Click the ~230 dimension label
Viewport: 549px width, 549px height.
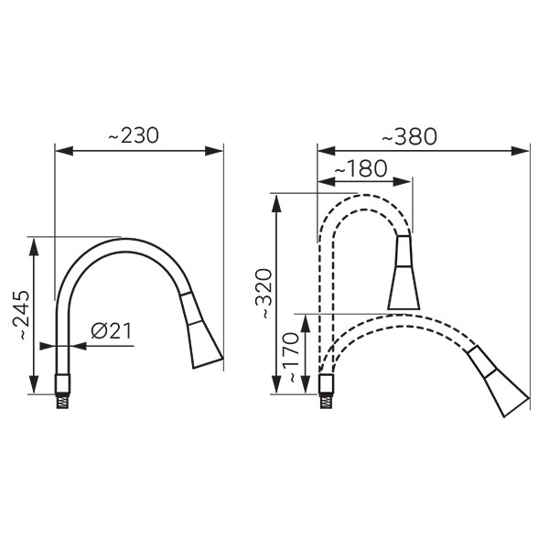tap(134, 135)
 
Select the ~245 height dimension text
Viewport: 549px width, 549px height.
tap(19, 315)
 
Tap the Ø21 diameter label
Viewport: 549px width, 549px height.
tap(112, 331)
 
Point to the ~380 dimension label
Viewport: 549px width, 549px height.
tap(410, 136)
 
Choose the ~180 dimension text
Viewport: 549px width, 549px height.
tap(361, 168)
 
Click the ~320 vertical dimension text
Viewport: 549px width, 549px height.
tap(263, 294)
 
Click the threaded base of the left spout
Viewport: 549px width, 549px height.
tap(62, 401)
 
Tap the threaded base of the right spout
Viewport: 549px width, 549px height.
tap(327, 401)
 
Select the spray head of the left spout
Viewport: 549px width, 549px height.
tap(201, 329)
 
